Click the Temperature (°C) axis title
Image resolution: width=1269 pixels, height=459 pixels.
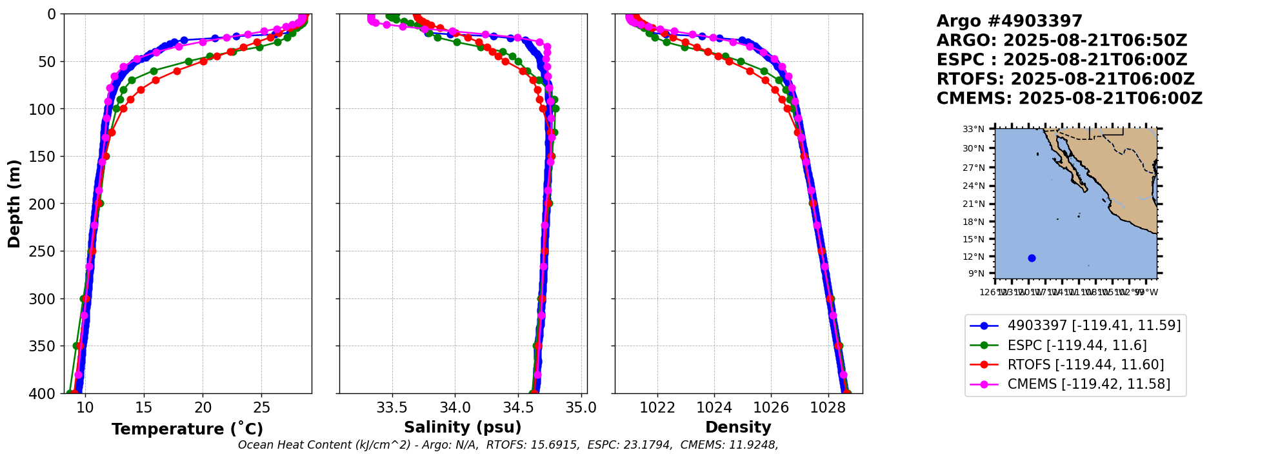click(187, 429)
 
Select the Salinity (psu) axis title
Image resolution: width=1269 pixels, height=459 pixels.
click(463, 427)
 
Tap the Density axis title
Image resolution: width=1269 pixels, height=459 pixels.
click(738, 427)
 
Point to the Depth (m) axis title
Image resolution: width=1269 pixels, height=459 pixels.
click(14, 203)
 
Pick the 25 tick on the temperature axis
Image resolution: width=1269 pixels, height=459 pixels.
click(261, 407)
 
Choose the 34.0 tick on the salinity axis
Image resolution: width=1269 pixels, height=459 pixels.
click(455, 407)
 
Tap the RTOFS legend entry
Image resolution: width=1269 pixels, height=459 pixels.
click(1085, 365)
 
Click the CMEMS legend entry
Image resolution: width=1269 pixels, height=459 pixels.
click(1088, 384)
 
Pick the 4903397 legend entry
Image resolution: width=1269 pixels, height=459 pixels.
click(1094, 326)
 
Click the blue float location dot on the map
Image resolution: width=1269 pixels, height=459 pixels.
click(1032, 258)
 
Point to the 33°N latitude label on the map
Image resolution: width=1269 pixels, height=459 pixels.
click(974, 129)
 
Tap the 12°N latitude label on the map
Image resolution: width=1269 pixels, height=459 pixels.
click(974, 257)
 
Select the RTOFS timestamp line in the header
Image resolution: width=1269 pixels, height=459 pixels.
click(1066, 79)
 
